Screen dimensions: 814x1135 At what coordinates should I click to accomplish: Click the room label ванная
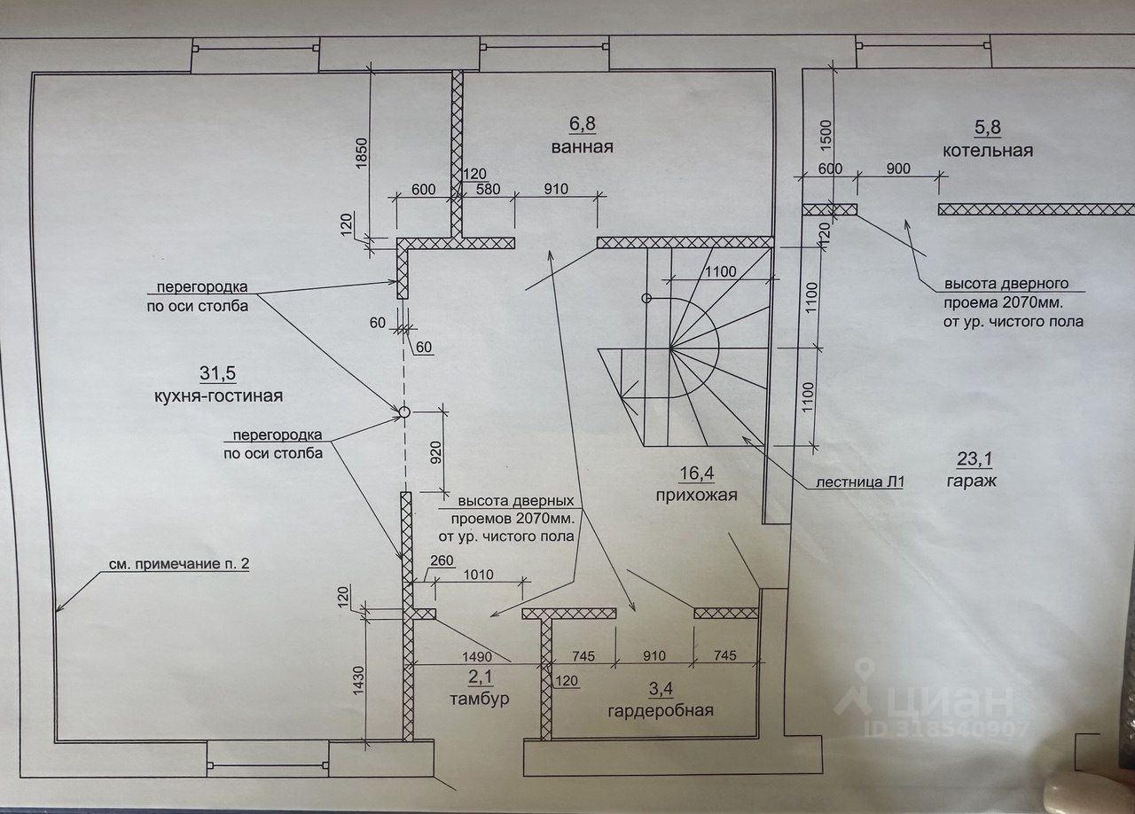[x=581, y=146]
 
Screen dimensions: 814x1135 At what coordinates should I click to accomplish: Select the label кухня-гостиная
[x=218, y=396]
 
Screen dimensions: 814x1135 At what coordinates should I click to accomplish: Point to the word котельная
[x=988, y=150]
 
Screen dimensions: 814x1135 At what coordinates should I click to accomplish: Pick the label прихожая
[x=696, y=495]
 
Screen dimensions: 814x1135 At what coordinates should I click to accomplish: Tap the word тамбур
[x=479, y=699]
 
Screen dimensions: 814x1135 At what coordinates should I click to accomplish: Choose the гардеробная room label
[x=661, y=710]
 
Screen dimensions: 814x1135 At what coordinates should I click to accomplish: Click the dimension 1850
[x=360, y=156]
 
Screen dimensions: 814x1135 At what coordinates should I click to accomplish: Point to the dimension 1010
[x=479, y=575]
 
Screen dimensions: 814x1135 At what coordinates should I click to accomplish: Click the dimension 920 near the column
[x=436, y=450]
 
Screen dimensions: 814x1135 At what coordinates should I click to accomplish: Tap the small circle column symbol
[x=403, y=411]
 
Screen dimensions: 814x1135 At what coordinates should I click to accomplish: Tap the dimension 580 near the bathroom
[x=487, y=188]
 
